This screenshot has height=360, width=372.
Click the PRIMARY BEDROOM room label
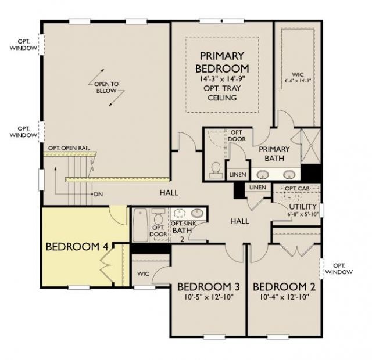click(x=222, y=62)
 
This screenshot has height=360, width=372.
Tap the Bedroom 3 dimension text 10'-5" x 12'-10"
click(x=209, y=297)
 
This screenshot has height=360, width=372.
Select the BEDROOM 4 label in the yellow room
click(x=77, y=247)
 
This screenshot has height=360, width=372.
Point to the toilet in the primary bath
click(x=216, y=170)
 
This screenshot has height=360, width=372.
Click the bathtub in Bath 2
click(x=141, y=225)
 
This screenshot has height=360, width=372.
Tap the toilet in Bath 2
click(x=158, y=217)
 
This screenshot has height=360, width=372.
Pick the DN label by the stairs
click(x=98, y=195)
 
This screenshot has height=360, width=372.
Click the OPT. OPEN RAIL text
click(x=69, y=148)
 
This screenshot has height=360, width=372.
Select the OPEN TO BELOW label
click(x=106, y=87)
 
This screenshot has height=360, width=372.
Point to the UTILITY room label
click(x=303, y=207)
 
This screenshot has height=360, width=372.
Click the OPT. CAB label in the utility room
click(x=297, y=189)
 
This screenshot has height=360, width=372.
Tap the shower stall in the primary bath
click(x=310, y=146)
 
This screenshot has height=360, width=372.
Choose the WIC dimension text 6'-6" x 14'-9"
click(x=298, y=80)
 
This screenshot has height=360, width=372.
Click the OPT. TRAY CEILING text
click(x=222, y=93)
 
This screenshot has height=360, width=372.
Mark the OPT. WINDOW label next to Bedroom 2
click(x=339, y=269)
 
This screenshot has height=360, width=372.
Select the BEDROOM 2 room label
click(x=284, y=287)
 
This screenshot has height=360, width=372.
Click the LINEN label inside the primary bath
click(x=238, y=175)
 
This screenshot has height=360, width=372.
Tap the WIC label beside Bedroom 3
click(x=144, y=273)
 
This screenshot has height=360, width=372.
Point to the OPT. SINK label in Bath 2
click(x=184, y=224)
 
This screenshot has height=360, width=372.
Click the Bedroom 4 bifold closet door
click(x=107, y=265)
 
